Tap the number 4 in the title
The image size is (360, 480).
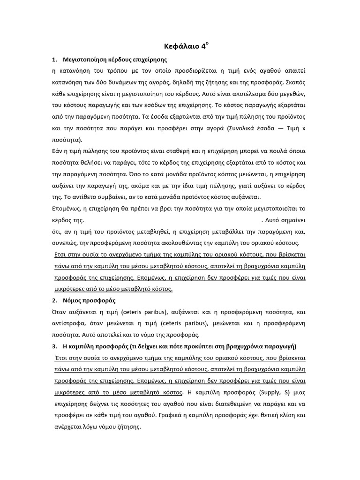coord(203,46)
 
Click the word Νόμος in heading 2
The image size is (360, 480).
coord(72,300)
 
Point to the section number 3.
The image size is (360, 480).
coord(54,346)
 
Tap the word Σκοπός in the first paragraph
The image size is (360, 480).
coord(294,82)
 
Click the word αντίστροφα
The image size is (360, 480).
coord(67,323)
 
